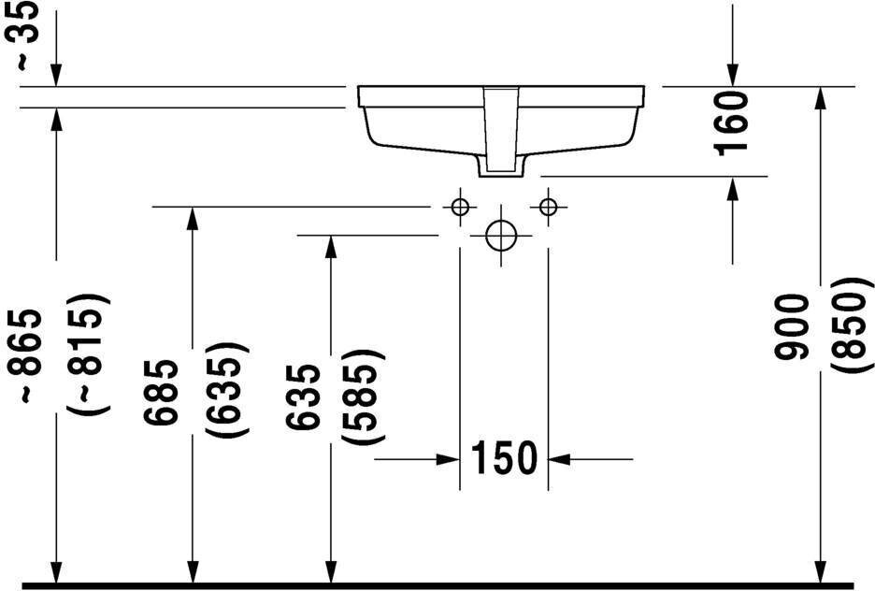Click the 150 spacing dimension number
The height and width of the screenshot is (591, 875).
tap(504, 458)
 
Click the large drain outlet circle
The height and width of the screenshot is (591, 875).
tap(502, 236)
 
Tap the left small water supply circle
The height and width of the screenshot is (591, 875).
tap(459, 206)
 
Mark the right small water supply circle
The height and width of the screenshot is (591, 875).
tap(548, 206)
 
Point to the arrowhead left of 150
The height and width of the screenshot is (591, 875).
tap(448, 458)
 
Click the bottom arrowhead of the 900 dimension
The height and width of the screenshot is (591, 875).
tap(820, 570)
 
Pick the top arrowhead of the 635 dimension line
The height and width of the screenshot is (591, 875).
tap(330, 247)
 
